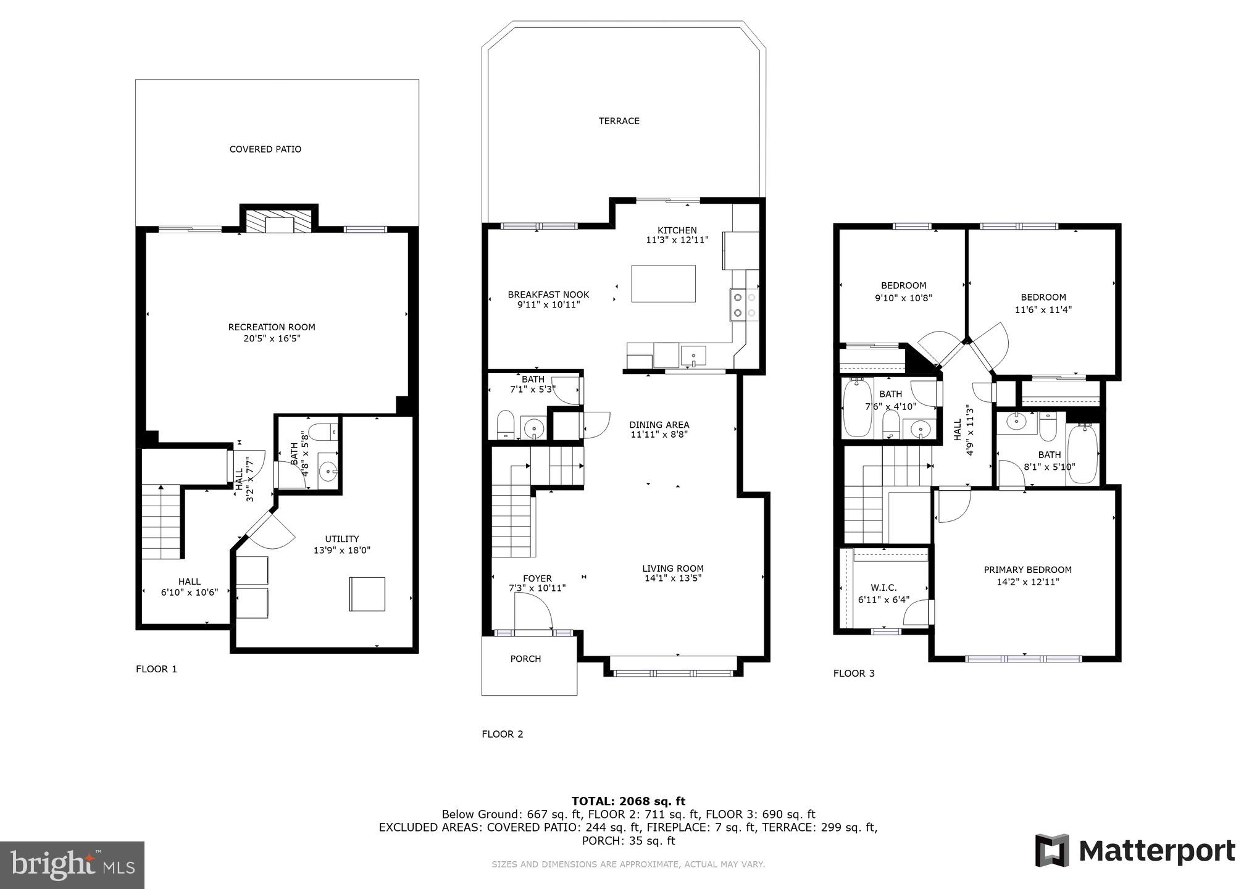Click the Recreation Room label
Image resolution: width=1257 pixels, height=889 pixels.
tap(272, 327)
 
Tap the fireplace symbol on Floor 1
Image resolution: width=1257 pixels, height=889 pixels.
tap(279, 222)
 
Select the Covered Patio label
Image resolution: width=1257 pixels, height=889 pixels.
tap(265, 149)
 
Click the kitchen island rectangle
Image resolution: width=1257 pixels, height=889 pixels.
tap(663, 283)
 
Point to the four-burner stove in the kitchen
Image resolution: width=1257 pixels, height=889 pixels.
tap(743, 305)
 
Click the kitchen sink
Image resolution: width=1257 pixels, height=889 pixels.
tap(694, 356)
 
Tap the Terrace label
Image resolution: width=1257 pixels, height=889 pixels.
tap(619, 121)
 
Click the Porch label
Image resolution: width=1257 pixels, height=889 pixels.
tap(525, 659)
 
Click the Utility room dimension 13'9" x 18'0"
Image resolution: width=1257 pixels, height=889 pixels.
tap(342, 551)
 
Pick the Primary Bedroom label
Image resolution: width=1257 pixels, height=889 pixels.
tap(1027, 570)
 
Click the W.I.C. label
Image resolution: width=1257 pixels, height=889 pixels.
tap(883, 588)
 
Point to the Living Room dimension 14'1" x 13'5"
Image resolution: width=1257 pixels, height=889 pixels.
tap(672, 578)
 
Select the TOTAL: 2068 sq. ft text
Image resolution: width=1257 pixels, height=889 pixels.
tap(628, 801)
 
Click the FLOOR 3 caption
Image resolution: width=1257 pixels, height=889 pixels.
tap(854, 674)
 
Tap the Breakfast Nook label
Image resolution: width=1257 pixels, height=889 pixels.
tap(548, 294)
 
